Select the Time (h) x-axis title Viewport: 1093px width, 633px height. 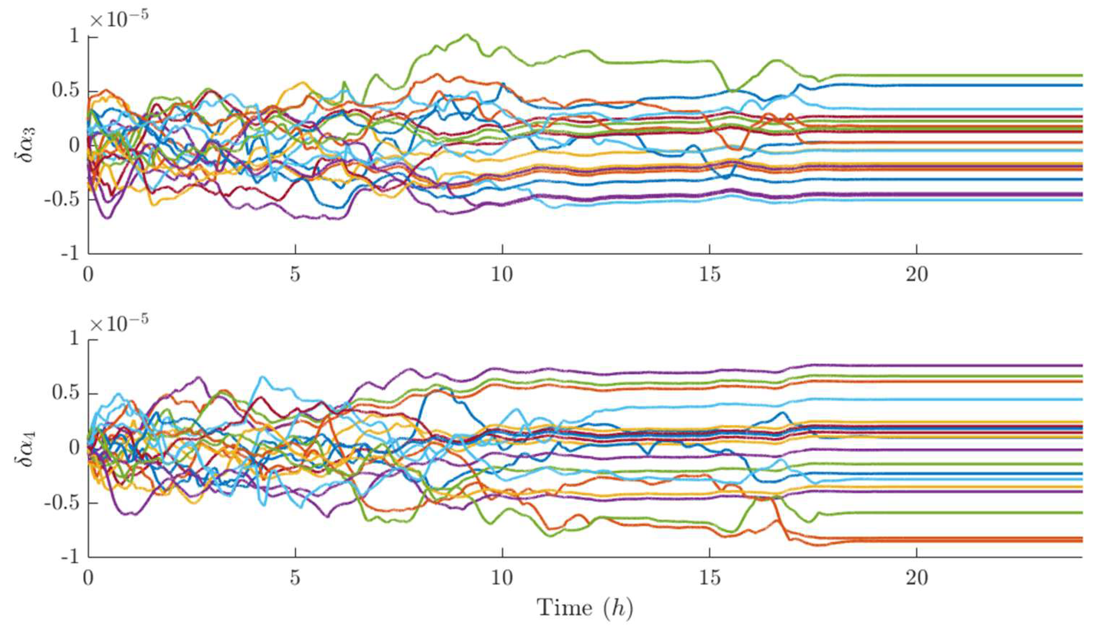(x=585, y=607)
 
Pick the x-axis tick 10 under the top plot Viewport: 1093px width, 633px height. (x=502, y=275)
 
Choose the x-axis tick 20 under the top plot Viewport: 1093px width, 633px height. (x=917, y=275)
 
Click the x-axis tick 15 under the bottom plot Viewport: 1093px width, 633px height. (x=709, y=578)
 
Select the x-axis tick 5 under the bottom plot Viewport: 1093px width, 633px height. (x=296, y=578)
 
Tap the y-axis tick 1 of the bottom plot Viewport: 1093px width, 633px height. (x=75, y=340)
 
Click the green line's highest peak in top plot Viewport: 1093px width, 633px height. (x=466, y=35)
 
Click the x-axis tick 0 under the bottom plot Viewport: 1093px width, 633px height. (x=88, y=578)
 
